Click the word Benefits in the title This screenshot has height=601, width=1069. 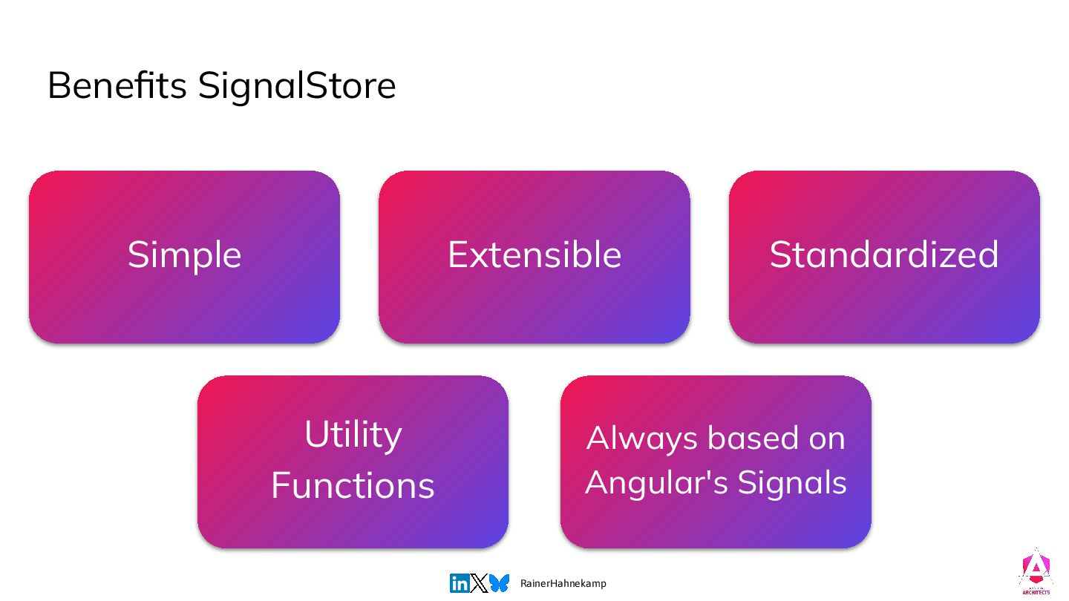click(117, 86)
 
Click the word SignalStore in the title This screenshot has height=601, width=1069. click(297, 87)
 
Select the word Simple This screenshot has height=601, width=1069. click(184, 256)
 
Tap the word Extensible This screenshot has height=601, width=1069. click(534, 254)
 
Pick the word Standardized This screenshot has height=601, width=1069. click(884, 254)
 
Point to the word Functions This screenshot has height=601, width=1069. click(353, 485)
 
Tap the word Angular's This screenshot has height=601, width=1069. click(657, 483)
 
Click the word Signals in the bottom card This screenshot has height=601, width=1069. click(792, 483)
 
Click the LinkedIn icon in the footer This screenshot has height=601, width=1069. click(460, 583)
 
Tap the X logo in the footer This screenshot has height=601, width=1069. click(479, 583)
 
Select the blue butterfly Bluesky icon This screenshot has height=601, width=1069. click(499, 583)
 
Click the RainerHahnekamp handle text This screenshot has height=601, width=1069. click(563, 583)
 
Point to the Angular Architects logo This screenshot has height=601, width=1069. click(1036, 571)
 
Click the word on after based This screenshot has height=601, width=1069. click(827, 439)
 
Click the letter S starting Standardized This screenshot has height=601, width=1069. click(781, 254)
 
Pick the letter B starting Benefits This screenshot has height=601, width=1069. click(58, 86)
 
